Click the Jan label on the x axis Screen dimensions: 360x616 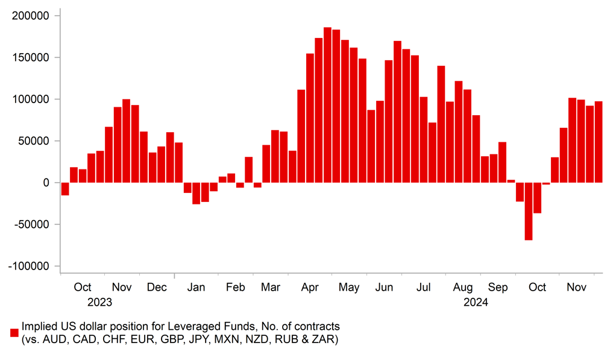[x=196, y=288]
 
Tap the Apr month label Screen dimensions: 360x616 [x=310, y=288]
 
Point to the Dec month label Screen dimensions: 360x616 [x=157, y=288]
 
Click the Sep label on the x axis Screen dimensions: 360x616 [x=498, y=288]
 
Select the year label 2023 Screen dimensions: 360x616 [x=99, y=302]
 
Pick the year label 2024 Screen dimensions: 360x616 [x=476, y=302]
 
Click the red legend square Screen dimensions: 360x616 [x=14, y=332]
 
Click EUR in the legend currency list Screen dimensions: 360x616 [x=142, y=339]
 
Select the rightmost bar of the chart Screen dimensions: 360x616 [x=599, y=142]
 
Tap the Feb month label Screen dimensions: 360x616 [x=236, y=288]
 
